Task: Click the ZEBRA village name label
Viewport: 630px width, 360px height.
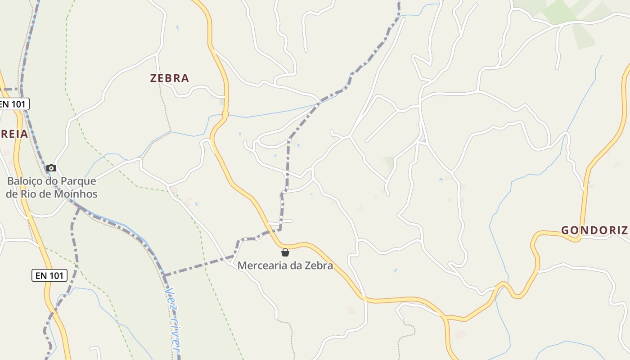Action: click(169, 78)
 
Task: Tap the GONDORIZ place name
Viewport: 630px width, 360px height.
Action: click(594, 230)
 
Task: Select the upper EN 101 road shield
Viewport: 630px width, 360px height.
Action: click(13, 104)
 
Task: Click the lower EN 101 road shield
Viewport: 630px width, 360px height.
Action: click(49, 275)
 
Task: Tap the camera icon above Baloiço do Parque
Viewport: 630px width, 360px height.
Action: click(51, 168)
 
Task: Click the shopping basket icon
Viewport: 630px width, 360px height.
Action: click(285, 252)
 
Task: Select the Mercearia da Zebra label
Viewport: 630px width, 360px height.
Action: click(285, 265)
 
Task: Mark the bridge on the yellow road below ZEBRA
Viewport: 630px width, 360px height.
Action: click(225, 115)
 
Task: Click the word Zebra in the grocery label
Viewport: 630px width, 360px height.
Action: click(319, 265)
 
